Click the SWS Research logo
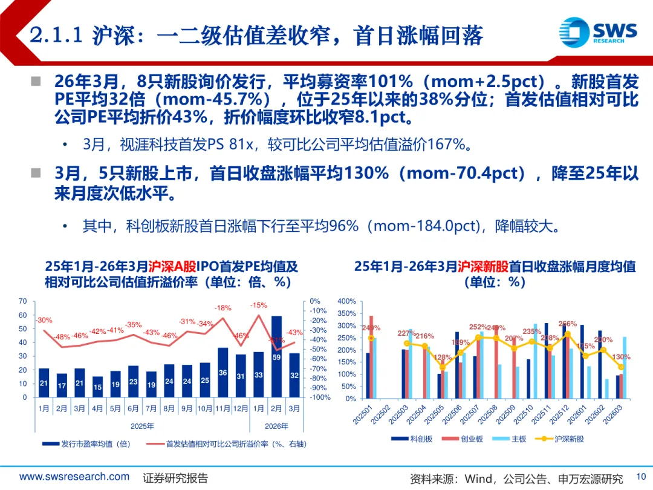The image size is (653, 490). click(598, 30)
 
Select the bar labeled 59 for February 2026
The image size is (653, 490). click(276, 356)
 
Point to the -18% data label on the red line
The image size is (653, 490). click(223, 308)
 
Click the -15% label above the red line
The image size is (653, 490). click(259, 305)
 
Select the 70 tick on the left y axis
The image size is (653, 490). click(23, 301)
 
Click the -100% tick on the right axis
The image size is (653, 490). click(320, 397)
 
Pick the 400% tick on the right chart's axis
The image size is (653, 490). click(347, 301)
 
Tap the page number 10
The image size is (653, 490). click(641, 476)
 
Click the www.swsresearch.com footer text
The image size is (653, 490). click(74, 477)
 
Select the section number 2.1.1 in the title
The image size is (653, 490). click(56, 36)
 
